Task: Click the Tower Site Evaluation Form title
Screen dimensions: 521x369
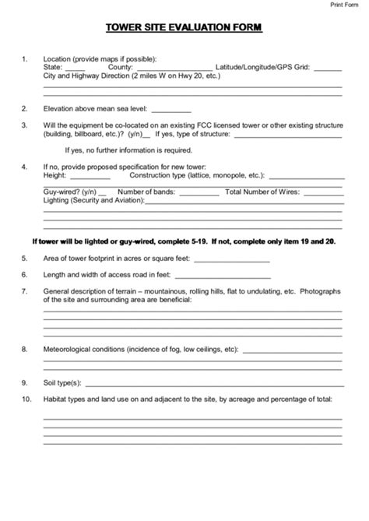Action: click(184, 29)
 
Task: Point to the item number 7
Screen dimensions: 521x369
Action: click(25, 291)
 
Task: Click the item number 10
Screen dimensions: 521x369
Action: click(26, 399)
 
